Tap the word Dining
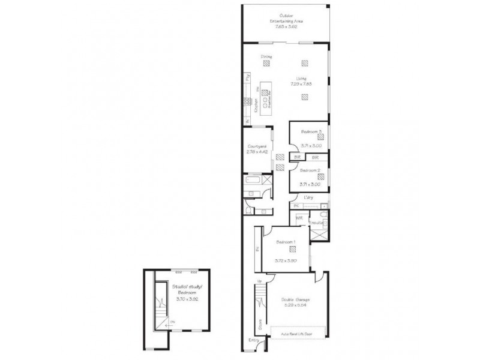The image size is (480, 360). (266, 57)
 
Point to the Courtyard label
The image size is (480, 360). (256, 148)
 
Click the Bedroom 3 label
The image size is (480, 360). (311, 131)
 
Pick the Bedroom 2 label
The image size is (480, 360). (311, 170)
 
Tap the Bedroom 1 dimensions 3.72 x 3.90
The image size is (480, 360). (286, 261)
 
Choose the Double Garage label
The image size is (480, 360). (297, 299)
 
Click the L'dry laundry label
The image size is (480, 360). (309, 197)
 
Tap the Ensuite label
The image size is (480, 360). (317, 223)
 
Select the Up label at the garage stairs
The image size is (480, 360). (259, 281)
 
